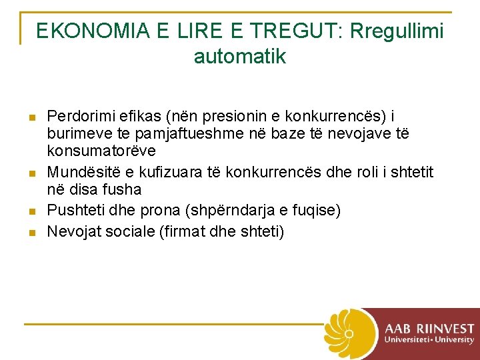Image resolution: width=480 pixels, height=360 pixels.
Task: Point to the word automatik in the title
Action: [240, 57]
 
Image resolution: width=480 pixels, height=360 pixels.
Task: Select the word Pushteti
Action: [73, 211]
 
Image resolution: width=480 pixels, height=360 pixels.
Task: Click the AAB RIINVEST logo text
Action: [429, 329]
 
